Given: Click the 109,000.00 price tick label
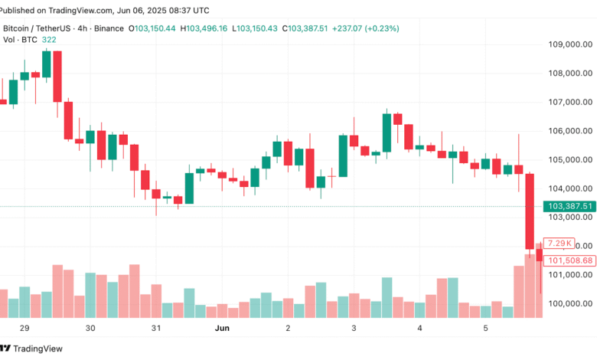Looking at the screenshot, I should point(567,44).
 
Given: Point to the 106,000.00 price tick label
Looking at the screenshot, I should point(567,131).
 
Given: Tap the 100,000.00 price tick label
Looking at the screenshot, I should point(567,303).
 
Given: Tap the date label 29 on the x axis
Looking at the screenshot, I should point(24,328).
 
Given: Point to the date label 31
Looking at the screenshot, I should point(156,328).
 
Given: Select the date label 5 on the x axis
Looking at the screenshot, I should point(485,328).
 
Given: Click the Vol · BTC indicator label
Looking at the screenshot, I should point(19,40).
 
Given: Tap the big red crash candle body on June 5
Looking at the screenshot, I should point(529,211).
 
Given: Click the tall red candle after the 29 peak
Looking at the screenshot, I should point(57,76).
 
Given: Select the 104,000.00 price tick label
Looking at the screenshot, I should point(567,188).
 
